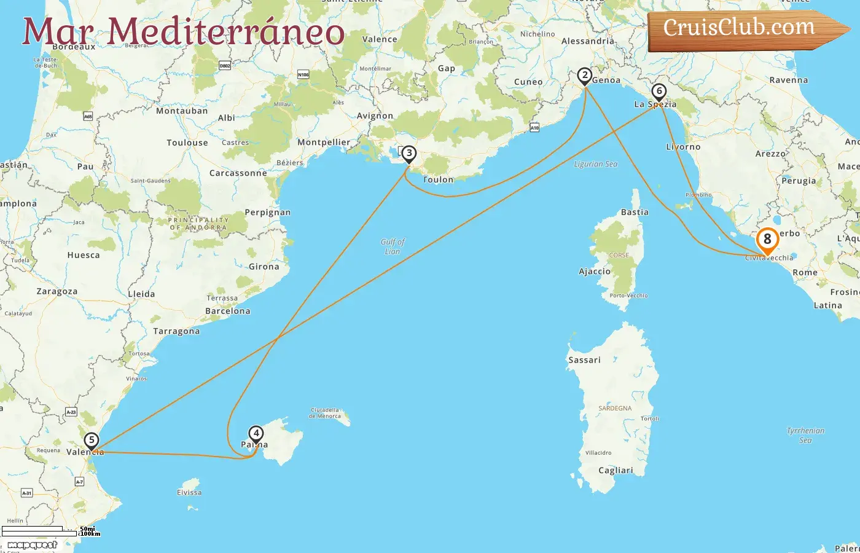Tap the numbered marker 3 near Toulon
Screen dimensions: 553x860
(x=409, y=154)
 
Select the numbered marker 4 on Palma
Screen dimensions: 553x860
(x=256, y=434)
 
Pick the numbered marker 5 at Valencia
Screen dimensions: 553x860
(x=92, y=440)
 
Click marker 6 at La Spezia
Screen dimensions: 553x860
(x=659, y=92)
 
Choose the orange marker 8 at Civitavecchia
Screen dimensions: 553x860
(x=767, y=240)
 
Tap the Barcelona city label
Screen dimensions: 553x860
(x=228, y=311)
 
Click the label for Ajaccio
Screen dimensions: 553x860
(x=595, y=271)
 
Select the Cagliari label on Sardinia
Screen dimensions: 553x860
(x=616, y=470)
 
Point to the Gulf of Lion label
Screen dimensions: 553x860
(x=393, y=246)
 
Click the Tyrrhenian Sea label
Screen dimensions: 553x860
(x=805, y=435)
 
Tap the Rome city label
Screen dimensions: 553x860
(x=805, y=272)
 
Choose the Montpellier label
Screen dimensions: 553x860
(x=324, y=142)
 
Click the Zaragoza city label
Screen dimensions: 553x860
(x=57, y=291)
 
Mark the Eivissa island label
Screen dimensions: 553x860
(x=189, y=492)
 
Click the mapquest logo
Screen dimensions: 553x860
(x=33, y=544)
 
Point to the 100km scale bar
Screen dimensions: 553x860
(x=40, y=534)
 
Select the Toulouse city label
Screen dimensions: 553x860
(x=187, y=143)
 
